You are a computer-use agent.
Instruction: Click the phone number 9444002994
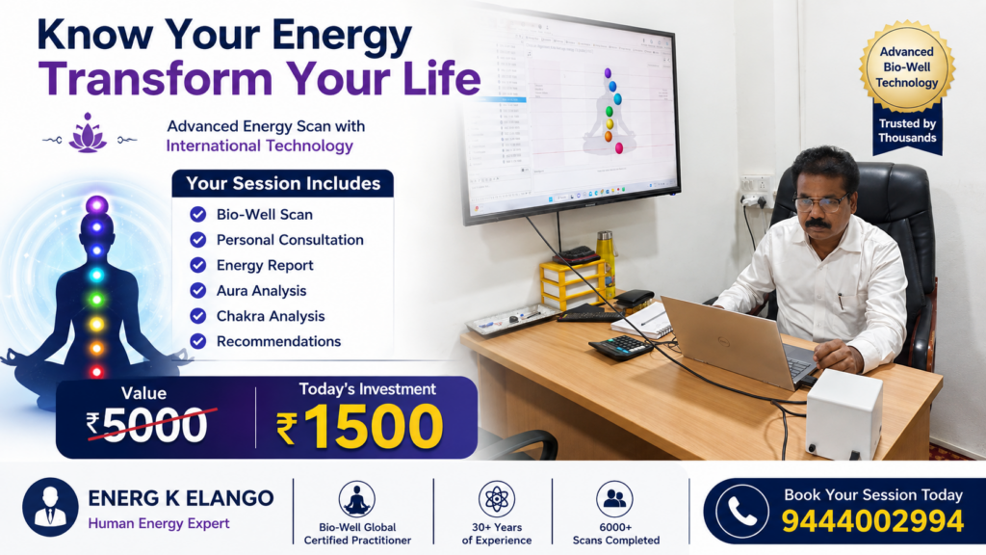[x=872, y=521]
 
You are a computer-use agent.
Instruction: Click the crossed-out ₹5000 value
[x=146, y=425]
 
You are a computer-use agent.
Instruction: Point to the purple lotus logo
[x=88, y=133]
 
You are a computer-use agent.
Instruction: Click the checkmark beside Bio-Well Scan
[x=198, y=215]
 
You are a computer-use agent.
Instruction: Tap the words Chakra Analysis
[x=271, y=316]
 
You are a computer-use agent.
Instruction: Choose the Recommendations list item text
[x=278, y=341]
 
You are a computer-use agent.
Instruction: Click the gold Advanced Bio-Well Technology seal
[x=907, y=67]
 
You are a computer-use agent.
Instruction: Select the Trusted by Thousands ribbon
[x=907, y=131]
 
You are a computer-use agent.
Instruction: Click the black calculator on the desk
[x=621, y=347]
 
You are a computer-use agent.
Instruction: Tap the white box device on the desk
[x=843, y=413]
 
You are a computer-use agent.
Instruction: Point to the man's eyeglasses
[x=820, y=202]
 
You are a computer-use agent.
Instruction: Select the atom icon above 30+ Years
[x=497, y=499]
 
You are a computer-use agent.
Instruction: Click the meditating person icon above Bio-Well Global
[x=357, y=499]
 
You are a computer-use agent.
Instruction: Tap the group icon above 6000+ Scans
[x=614, y=499]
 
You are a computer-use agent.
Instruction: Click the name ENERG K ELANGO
[x=181, y=498]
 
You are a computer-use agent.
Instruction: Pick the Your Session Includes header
[x=283, y=183]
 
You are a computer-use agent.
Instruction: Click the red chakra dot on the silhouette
[x=97, y=372]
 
